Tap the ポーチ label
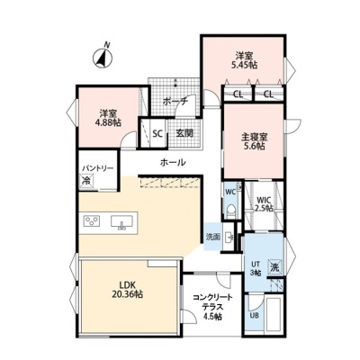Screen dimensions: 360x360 point(175,102)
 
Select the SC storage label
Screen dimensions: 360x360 point(157,133)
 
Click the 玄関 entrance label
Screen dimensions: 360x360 point(184,133)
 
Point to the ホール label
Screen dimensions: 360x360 point(173,163)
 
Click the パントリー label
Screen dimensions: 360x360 point(98,168)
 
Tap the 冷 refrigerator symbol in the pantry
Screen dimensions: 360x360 point(86,181)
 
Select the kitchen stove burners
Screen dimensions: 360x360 point(92,221)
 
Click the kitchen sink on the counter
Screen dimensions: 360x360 point(121,222)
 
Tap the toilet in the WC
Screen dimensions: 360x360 point(231,210)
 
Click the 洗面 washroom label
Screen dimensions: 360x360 point(212,237)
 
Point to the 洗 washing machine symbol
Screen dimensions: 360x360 point(274,266)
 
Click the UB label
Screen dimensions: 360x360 point(255,316)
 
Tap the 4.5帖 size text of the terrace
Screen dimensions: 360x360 point(212,316)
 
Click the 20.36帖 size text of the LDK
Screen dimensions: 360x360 point(127,294)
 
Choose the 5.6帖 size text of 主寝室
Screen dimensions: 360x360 point(254,146)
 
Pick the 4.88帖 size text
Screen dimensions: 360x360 point(109,122)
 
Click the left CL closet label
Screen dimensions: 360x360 point(238,94)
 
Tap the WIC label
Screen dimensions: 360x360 point(264,200)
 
